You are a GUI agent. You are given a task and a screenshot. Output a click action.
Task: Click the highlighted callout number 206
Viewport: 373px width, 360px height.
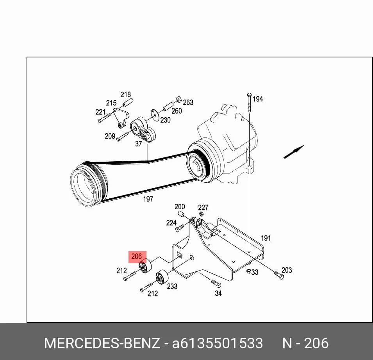(137, 256)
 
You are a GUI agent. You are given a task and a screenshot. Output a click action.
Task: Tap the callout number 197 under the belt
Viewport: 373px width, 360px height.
(148, 199)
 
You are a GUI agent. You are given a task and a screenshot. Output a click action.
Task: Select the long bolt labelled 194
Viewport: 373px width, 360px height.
(249, 102)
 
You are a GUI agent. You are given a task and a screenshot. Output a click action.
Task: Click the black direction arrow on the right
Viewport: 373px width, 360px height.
(294, 152)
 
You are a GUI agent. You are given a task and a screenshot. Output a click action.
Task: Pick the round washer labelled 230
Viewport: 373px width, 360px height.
(155, 115)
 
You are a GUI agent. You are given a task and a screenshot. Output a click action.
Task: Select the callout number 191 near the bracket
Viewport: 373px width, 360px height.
(266, 238)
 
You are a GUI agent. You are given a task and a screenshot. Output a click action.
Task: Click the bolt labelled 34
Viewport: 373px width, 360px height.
(216, 283)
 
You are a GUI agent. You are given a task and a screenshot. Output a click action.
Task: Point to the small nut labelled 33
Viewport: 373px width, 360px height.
(248, 271)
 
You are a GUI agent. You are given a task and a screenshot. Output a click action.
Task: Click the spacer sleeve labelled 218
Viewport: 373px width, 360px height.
(128, 102)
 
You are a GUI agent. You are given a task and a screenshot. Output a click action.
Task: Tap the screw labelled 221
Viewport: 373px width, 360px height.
(104, 118)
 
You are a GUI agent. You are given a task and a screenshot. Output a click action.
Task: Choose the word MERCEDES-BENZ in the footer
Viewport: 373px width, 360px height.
(102, 343)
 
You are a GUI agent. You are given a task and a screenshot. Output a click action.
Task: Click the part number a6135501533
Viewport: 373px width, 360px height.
(218, 343)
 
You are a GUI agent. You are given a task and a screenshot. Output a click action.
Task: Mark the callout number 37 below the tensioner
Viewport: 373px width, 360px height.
(138, 144)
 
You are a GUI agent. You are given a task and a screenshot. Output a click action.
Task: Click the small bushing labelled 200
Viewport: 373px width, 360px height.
(181, 214)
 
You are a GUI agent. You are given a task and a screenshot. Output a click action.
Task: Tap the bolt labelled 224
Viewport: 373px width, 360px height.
(180, 228)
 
